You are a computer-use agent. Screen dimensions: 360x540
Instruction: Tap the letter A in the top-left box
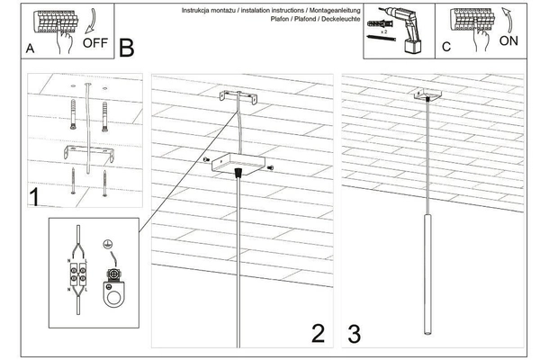point(31,50)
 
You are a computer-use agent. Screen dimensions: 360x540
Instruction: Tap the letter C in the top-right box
point(445,49)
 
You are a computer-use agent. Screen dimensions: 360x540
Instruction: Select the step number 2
point(317,333)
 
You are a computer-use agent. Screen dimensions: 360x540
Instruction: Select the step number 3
point(354,333)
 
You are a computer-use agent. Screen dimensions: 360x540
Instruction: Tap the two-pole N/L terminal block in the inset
point(80,271)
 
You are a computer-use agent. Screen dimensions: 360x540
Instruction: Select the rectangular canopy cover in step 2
point(235,164)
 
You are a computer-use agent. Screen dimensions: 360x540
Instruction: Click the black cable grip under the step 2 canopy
point(237,171)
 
